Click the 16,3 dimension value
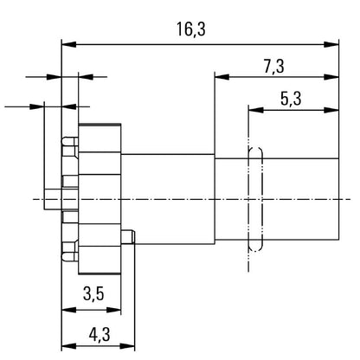(191, 29)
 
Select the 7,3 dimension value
(273, 67)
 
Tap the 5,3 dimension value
(291, 99)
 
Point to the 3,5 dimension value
(93, 294)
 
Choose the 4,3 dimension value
(100, 335)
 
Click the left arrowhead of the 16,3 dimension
(69, 44)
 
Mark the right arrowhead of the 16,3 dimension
(331, 44)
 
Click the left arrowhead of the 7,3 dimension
(222, 77)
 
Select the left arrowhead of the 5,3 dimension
(256, 110)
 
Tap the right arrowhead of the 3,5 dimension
(113, 310)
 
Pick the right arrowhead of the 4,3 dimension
(127, 346)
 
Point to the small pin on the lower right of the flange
(128, 237)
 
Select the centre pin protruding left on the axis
(53, 199)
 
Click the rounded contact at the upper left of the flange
(70, 141)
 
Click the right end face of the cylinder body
(338, 199)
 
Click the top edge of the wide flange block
(100, 124)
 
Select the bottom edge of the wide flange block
(100, 274)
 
